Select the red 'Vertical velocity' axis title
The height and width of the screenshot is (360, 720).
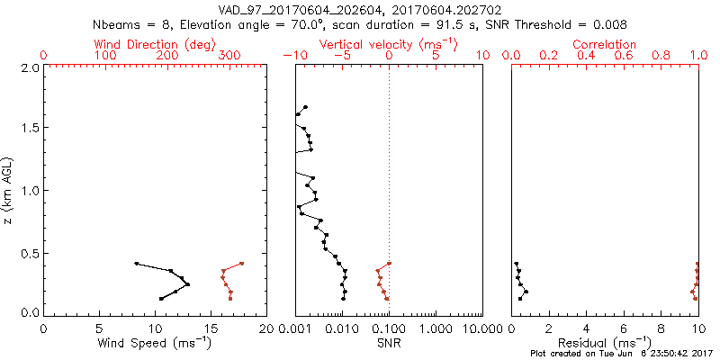coord(388,43)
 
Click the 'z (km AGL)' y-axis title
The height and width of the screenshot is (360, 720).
coord(10,190)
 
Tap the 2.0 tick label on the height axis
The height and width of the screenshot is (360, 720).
coord(31,67)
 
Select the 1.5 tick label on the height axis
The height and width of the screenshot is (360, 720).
coord(31,129)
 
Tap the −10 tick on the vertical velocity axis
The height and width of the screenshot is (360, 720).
coord(292,56)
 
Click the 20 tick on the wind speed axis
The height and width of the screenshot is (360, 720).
coord(266,328)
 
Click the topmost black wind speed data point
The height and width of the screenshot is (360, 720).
coord(137,264)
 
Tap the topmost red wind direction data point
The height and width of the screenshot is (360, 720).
coord(242,264)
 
